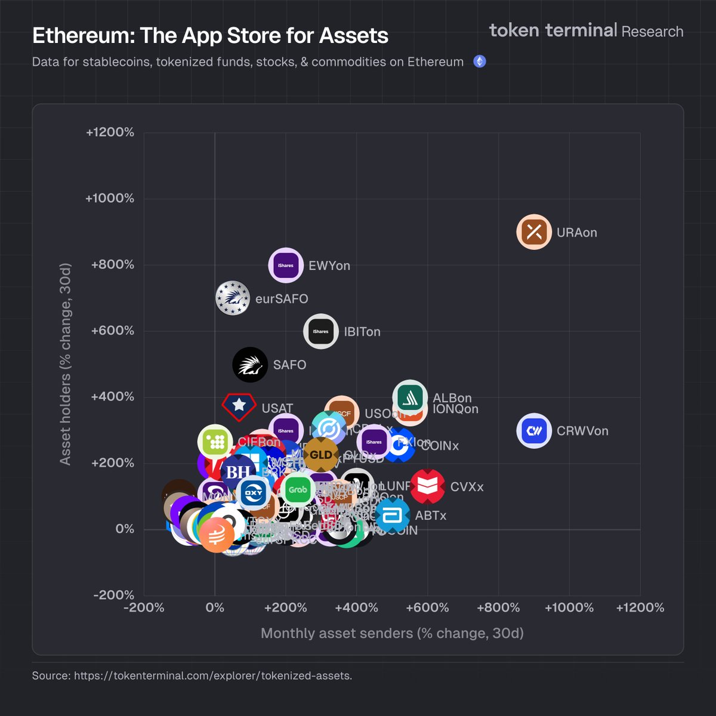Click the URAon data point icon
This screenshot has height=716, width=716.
tap(534, 232)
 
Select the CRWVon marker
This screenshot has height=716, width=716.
tap(534, 430)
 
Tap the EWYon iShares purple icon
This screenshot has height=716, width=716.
tap(286, 265)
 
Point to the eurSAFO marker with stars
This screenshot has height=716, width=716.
tap(233, 298)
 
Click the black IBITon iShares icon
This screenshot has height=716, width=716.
tap(321, 331)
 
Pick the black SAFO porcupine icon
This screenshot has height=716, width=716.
tap(250, 364)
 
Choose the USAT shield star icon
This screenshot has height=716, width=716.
tap(239, 406)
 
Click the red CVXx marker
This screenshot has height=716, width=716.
tap(427, 486)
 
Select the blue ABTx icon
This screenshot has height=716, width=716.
tap(392, 516)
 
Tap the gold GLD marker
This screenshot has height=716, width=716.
tap(321, 455)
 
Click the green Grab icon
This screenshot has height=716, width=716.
tap(298, 489)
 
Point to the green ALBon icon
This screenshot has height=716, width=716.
tap(410, 397)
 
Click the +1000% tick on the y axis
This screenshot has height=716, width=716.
tap(110, 199)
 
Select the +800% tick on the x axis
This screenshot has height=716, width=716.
tap(498, 607)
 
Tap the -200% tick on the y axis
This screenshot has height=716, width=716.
tap(113, 595)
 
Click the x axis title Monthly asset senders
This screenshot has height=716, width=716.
tap(392, 633)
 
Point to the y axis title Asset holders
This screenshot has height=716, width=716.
tap(65, 364)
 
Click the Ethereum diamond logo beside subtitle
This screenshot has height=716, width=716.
tap(479, 61)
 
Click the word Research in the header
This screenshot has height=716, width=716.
tap(652, 31)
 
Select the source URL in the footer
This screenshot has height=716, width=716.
tap(213, 675)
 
